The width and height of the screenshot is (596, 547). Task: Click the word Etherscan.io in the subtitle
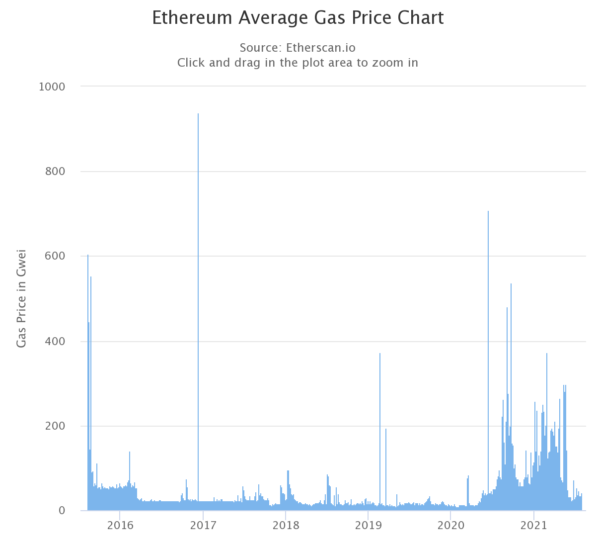[321, 48]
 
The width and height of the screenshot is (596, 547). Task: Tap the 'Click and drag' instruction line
[298, 63]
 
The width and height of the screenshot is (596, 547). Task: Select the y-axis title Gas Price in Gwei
[21, 298]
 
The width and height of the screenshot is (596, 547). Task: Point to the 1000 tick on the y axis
[52, 87]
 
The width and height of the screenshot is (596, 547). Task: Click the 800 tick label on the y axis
[55, 172]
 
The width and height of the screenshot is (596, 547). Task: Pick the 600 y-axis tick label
[55, 256]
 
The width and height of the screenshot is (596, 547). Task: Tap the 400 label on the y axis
[55, 342]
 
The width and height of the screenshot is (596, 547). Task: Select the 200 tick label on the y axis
[55, 426]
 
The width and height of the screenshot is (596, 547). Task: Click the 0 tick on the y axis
[62, 511]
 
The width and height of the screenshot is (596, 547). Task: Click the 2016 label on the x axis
[120, 526]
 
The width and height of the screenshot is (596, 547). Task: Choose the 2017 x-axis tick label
[203, 526]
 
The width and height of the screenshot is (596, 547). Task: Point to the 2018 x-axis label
[285, 526]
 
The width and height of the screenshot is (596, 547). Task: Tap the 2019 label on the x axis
[368, 526]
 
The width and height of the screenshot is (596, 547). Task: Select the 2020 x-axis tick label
[450, 526]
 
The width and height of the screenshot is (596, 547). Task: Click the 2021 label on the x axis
[533, 526]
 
